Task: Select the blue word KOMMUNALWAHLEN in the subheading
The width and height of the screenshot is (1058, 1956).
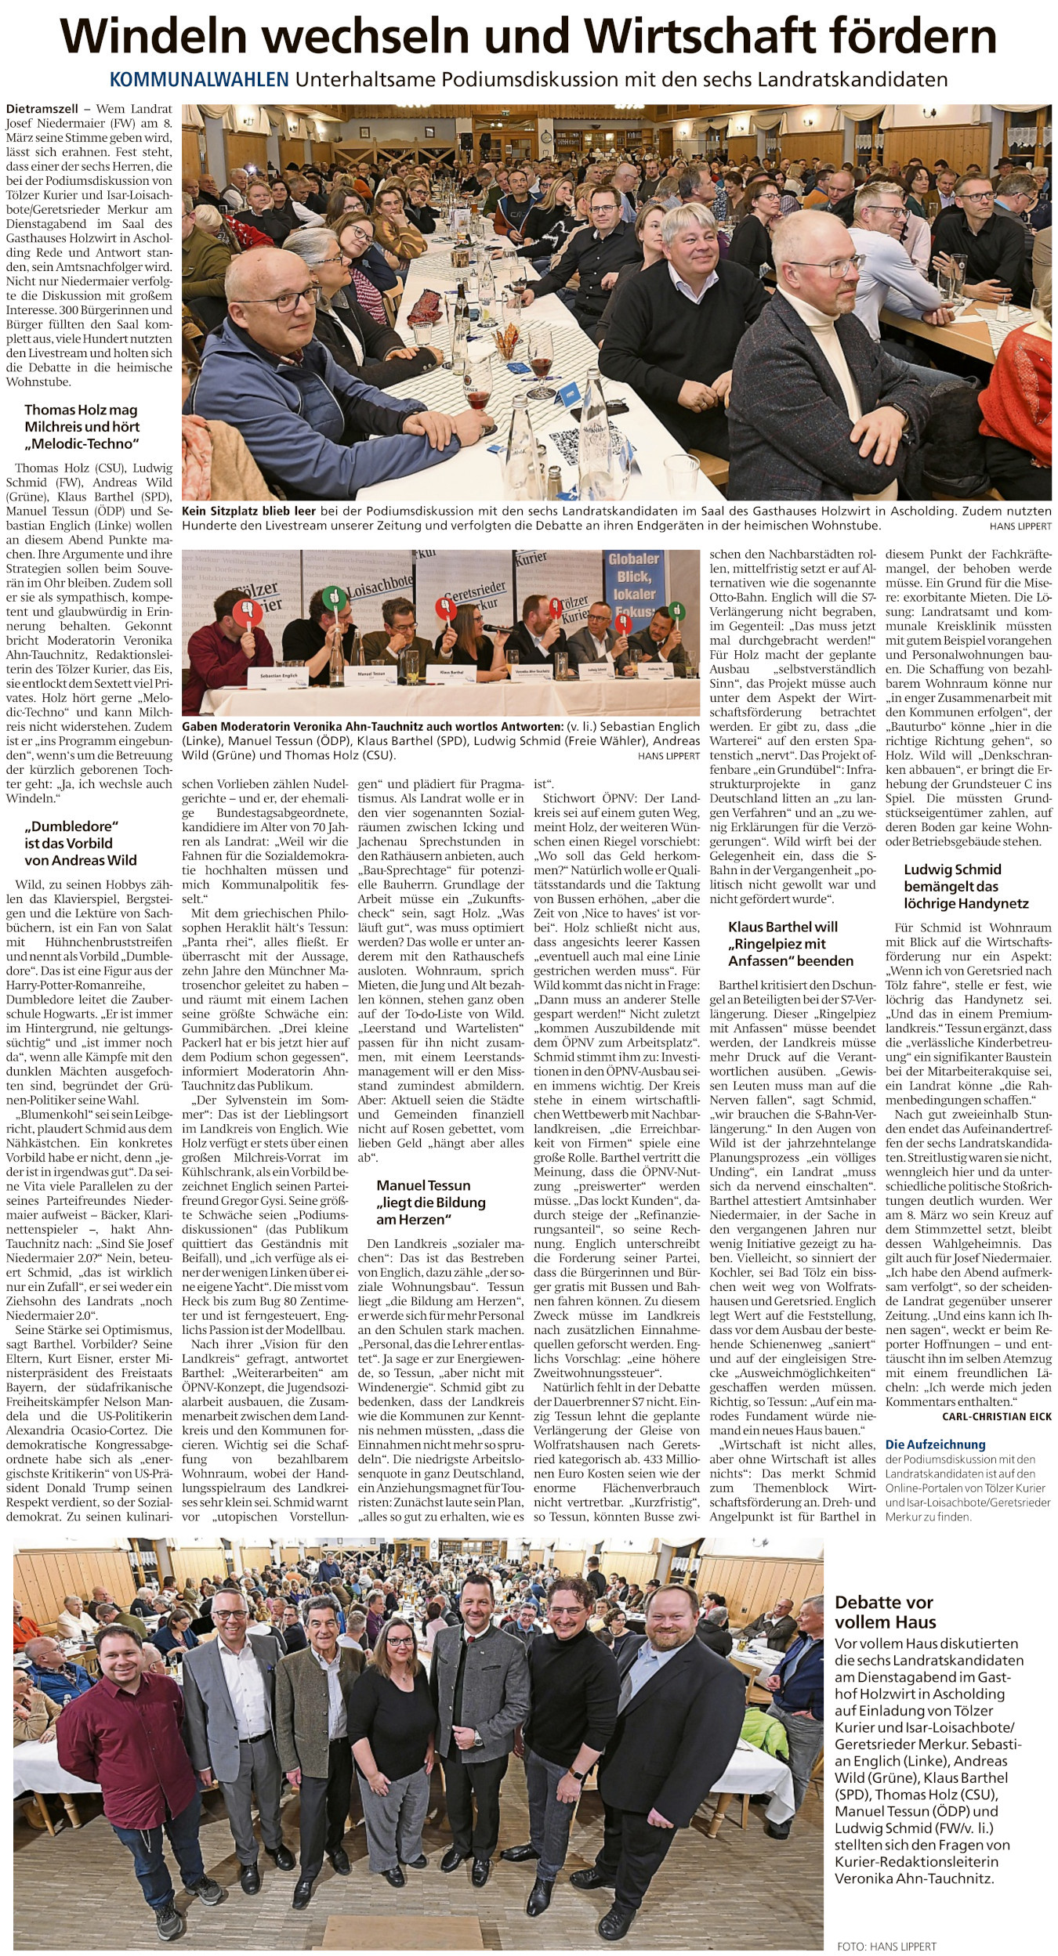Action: [199, 79]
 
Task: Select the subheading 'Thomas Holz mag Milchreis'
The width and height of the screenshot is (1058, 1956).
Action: [82, 426]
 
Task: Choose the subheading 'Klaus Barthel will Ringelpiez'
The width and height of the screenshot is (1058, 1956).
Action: [791, 944]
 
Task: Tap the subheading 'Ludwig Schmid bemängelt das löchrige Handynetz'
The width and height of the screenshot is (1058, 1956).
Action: [966, 886]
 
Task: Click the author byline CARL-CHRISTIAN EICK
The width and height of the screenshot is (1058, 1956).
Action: [996, 1415]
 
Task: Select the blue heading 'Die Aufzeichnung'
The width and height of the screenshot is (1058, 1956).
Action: [936, 1444]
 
